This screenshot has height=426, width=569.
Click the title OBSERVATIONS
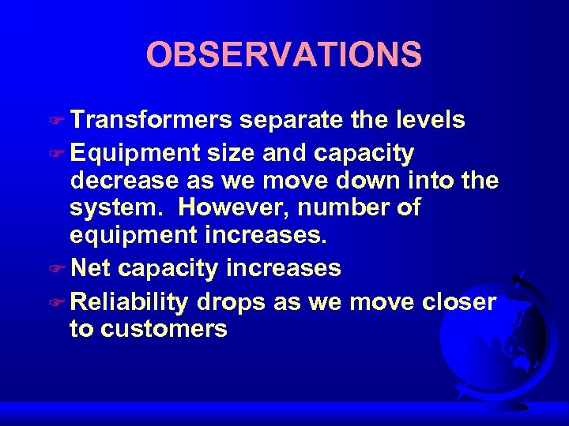point(284,54)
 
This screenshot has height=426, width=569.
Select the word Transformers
point(150,121)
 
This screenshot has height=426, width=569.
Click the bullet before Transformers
point(60,121)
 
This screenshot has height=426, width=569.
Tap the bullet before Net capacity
point(60,270)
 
